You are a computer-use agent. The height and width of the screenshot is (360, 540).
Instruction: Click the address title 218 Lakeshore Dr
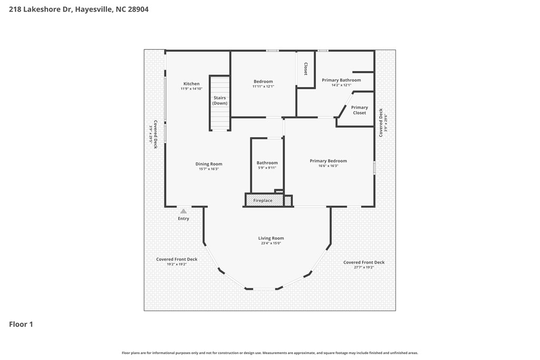pos(78,9)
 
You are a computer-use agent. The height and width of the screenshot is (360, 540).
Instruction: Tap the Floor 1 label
pos(21,324)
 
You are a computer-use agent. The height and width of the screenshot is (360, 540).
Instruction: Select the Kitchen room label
pos(191,84)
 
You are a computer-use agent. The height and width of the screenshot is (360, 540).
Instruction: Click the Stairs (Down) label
pos(220,100)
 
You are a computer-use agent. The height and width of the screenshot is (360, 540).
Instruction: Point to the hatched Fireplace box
pos(264,200)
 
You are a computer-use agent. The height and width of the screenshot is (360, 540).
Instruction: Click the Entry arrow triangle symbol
pos(184,211)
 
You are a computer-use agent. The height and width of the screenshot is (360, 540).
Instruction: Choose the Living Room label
pos(271,238)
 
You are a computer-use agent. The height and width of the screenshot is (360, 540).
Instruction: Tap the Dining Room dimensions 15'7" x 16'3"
pos(209,169)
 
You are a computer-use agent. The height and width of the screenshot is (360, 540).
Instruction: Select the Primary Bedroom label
pos(328,161)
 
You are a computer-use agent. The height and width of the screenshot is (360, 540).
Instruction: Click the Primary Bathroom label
pos(341,80)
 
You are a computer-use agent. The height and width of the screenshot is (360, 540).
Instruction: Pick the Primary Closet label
pos(360,110)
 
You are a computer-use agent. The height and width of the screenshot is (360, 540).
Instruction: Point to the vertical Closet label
pos(305,69)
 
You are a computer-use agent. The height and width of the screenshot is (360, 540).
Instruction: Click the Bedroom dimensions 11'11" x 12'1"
pos(263,86)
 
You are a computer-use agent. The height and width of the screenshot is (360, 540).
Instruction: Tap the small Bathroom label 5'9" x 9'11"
pos(267,166)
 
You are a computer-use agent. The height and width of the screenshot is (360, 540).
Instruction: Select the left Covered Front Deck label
pos(177,261)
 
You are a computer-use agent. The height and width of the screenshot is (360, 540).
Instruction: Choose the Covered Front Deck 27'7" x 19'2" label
pos(364,265)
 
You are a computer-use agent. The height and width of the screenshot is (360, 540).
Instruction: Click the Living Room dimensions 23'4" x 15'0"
pos(271,243)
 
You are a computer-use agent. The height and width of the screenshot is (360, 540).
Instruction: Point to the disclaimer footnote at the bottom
pos(269,353)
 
